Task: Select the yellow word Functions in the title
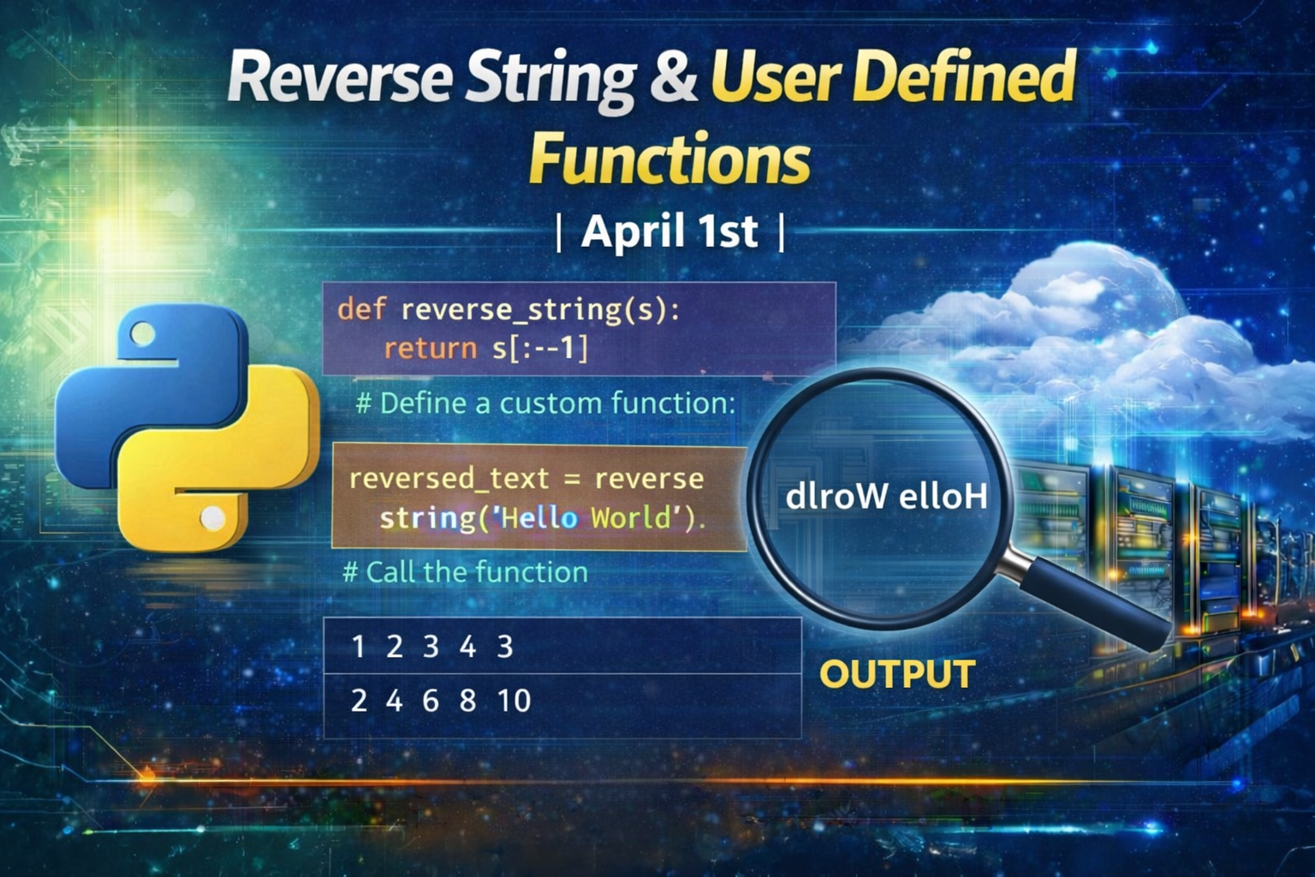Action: pyautogui.click(x=669, y=158)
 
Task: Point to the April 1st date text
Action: pyautogui.click(x=669, y=231)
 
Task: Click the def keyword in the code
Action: pyautogui.click(x=361, y=308)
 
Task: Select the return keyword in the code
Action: pyautogui.click(x=431, y=349)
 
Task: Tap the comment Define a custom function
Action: pyautogui.click(x=545, y=403)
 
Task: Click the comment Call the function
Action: pyautogui.click(x=465, y=571)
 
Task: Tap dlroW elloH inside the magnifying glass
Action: pyautogui.click(x=886, y=497)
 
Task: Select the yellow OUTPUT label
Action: pyautogui.click(x=897, y=674)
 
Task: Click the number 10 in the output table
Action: pyautogui.click(x=514, y=701)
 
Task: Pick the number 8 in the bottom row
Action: pyautogui.click(x=467, y=701)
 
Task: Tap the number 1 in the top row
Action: pyautogui.click(x=358, y=647)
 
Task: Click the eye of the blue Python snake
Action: pyautogui.click(x=143, y=335)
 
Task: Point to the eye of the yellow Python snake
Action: pyautogui.click(x=212, y=517)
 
